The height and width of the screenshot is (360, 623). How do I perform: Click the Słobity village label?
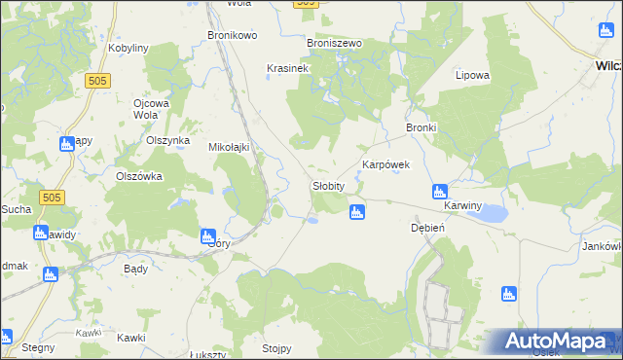[x=330, y=185]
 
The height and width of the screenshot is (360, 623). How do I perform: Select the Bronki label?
[x=421, y=127]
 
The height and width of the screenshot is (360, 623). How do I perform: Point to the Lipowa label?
[x=472, y=75]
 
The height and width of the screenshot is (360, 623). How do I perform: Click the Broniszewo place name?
[x=334, y=44]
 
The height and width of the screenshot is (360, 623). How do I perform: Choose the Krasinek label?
[x=287, y=69]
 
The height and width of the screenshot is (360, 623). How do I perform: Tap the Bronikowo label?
[x=232, y=36]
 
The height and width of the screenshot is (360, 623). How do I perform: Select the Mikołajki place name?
[x=230, y=148]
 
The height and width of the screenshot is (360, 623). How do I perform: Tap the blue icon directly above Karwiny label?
[x=439, y=192]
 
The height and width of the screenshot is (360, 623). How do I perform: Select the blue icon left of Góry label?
[x=207, y=235]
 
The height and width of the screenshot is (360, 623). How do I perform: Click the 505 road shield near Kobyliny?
[x=95, y=82]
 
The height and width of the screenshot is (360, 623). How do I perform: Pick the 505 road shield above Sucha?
[x=53, y=198]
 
